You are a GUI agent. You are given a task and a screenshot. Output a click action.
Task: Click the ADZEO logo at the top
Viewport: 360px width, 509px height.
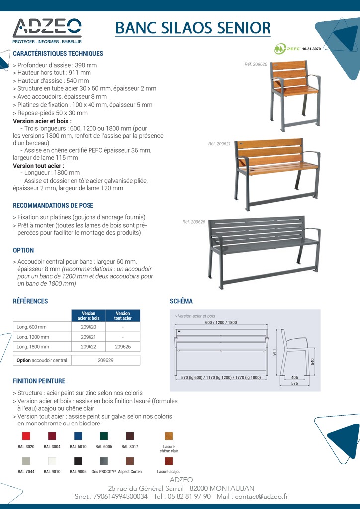(47, 30)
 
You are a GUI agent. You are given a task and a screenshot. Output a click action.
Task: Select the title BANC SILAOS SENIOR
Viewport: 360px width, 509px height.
(193, 27)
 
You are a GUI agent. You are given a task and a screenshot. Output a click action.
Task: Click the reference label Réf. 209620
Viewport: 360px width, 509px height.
(256, 64)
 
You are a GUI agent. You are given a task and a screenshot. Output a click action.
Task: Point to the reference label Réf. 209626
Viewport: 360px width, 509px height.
(194, 222)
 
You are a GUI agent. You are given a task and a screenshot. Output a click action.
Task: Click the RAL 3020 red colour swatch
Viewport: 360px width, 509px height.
(26, 436)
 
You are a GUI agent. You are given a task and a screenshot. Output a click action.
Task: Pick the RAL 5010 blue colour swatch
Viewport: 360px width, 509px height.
(78, 436)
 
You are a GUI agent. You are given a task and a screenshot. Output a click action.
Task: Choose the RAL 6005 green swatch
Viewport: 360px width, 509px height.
(104, 436)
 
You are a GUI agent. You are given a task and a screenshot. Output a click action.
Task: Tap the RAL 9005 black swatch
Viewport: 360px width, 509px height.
(78, 461)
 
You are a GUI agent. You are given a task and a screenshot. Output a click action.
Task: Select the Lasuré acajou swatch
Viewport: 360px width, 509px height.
(169, 461)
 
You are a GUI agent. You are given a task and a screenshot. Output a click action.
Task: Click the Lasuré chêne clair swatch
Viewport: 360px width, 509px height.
(169, 436)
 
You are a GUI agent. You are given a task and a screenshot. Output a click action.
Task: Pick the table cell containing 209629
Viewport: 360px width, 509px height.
(105, 360)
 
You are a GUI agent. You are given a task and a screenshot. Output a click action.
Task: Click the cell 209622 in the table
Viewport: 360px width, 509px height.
(89, 347)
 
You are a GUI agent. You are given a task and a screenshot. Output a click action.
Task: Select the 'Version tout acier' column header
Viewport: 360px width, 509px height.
(122, 316)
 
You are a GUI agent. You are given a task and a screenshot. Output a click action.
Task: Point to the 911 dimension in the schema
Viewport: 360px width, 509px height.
(274, 352)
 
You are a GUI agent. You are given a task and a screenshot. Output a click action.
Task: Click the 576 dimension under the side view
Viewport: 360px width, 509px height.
(294, 383)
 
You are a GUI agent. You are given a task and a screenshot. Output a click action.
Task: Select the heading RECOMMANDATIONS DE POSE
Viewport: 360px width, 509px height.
(53, 205)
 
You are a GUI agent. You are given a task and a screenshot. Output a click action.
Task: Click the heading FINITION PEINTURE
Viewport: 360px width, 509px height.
(39, 381)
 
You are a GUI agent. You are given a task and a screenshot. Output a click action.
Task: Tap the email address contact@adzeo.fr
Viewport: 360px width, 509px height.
(262, 496)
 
